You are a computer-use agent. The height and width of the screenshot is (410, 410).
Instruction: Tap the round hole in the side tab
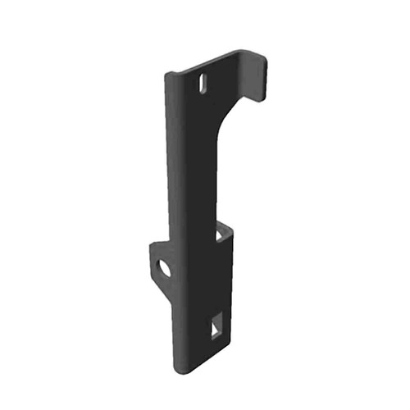click(x=165, y=267)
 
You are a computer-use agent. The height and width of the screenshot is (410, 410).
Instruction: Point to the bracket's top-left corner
click(x=167, y=75)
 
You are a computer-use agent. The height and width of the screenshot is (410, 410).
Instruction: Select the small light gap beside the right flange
click(x=221, y=235)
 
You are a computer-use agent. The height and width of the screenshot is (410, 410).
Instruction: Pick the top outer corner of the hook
click(x=261, y=54)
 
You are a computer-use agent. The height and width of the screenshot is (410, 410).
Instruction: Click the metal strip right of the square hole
click(x=226, y=324)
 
